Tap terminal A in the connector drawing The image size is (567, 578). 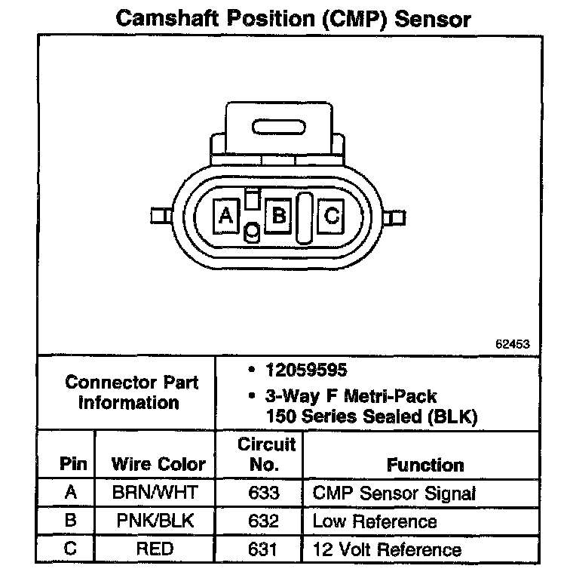point(225,217)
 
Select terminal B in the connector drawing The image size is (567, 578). point(279,217)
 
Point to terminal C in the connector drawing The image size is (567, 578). point(331,217)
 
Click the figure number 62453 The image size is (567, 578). point(513,344)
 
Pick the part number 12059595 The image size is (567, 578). point(299,370)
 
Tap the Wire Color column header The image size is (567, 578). point(158,464)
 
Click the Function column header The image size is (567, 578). point(425,465)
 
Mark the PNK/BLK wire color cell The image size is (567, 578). point(155,521)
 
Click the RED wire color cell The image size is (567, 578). point(155,549)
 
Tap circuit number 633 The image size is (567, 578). point(263,494)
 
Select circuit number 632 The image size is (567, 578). point(263,521)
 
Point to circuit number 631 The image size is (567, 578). point(263,549)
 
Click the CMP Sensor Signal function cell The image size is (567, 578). point(394,494)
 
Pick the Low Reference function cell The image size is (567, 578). point(374,521)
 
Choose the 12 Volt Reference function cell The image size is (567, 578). point(386,549)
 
